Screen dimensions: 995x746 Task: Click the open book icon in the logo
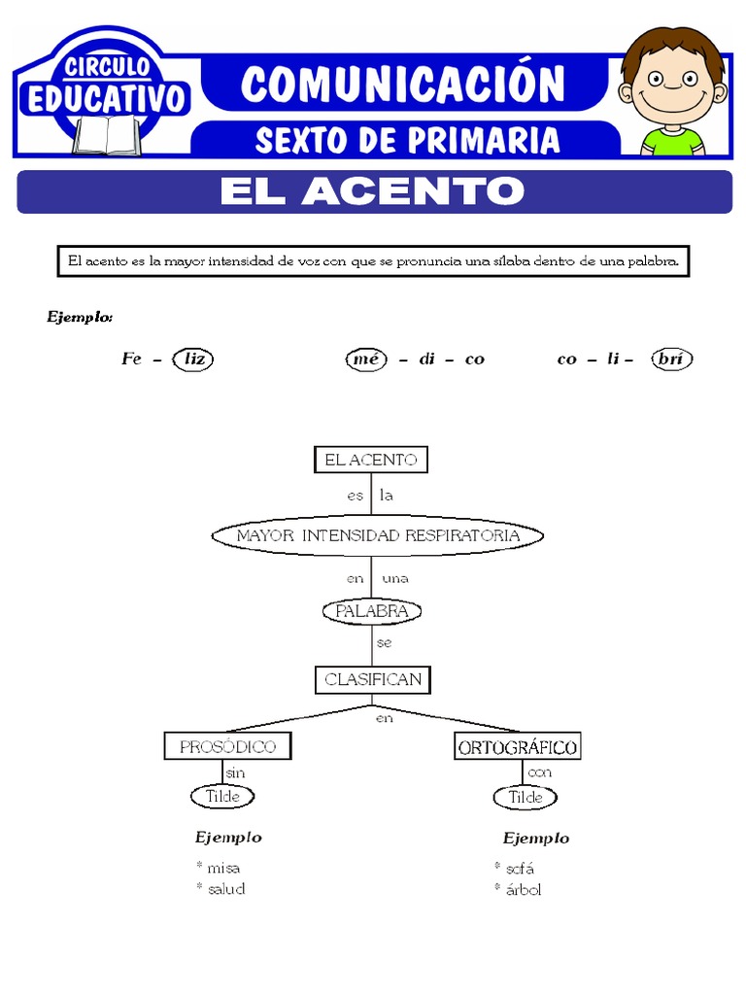click(107, 134)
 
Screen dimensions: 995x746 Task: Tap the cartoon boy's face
click(671, 83)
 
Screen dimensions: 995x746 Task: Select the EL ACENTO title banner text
click(372, 191)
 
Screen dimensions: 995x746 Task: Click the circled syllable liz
click(194, 359)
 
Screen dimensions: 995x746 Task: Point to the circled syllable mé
click(365, 359)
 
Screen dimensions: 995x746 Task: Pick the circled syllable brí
click(671, 359)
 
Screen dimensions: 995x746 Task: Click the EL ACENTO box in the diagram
click(370, 460)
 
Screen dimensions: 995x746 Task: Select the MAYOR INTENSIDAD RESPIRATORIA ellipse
click(378, 535)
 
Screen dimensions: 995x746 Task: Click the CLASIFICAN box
click(373, 679)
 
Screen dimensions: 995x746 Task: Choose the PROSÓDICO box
click(228, 746)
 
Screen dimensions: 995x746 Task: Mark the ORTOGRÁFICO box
click(517, 747)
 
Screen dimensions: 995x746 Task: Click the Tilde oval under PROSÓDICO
click(222, 797)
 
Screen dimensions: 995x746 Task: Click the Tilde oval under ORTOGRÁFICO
click(526, 798)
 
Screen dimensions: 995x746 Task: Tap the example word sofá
click(520, 868)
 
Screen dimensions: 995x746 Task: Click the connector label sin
click(234, 772)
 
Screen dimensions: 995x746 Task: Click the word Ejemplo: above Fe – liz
click(81, 317)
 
